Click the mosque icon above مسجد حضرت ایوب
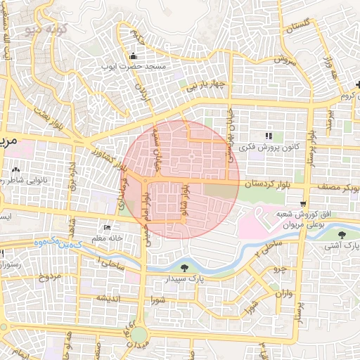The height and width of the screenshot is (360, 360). tap(133, 56)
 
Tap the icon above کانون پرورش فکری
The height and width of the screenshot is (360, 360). tap(267, 136)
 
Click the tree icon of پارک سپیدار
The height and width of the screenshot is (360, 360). tap(184, 267)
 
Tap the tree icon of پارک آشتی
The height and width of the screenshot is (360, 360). tap(342, 235)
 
